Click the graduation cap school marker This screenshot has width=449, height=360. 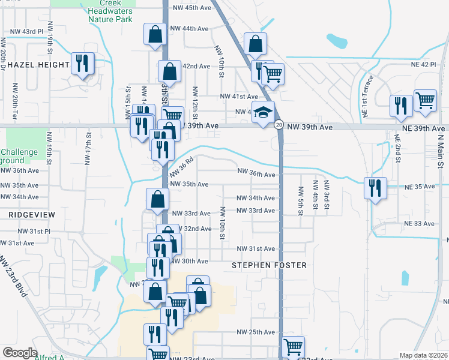pyautogui.click(x=262, y=113)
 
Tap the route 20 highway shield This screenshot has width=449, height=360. pyautogui.click(x=279, y=124)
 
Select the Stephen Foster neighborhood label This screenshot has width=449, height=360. pyautogui.click(x=269, y=265)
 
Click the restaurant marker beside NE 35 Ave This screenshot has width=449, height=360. pyautogui.click(x=375, y=188)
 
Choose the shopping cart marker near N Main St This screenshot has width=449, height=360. pyautogui.click(x=425, y=102)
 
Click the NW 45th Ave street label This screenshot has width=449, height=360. pyautogui.click(x=191, y=8)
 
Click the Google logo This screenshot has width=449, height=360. pyautogui.click(x=20, y=353)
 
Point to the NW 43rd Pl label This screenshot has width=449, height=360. pyautogui.click(x=25, y=31)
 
